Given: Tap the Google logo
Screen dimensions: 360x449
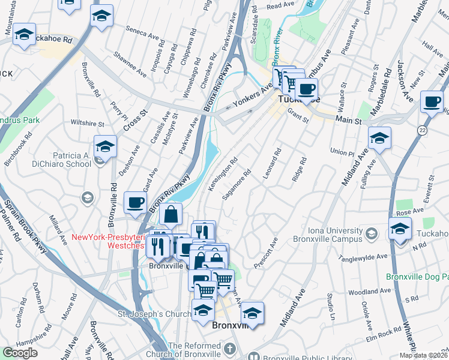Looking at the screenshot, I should point(20,353).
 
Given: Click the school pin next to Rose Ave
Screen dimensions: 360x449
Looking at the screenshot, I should point(399,229).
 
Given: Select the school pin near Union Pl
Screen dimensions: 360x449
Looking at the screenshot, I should point(378,139).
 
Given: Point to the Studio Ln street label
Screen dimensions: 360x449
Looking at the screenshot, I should point(330,305).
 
